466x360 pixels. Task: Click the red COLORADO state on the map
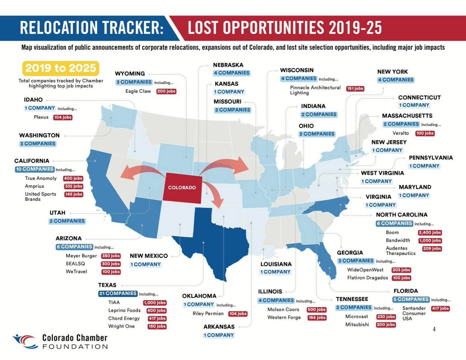[182, 188]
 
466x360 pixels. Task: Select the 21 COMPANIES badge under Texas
[118, 294]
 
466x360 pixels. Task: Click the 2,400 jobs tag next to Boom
[430, 233]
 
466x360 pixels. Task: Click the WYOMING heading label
[130, 73]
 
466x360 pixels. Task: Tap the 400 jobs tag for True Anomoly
[73, 178]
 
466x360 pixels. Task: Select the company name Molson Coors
[283, 310]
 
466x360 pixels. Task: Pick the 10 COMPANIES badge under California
[35, 169]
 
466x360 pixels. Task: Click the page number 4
[434, 329]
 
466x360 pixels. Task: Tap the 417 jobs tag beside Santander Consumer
[440, 308]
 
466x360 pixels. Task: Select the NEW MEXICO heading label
[149, 256]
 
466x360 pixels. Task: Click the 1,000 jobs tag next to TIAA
[155, 303]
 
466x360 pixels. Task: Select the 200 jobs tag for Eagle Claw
[166, 91]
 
